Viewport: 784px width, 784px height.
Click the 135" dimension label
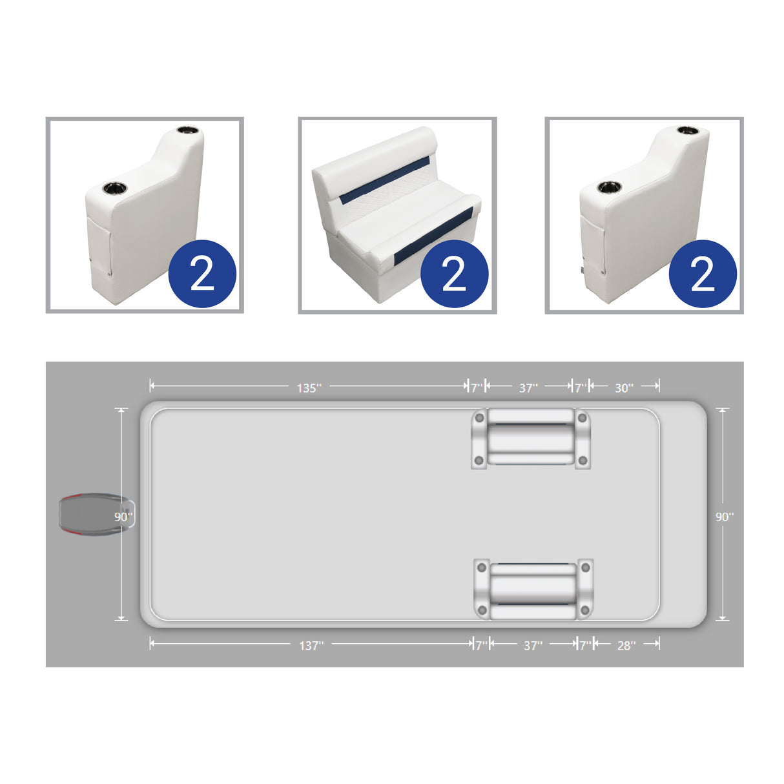(x=308, y=387)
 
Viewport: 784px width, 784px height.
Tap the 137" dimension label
(x=311, y=645)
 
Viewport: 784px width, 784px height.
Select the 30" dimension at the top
(x=623, y=387)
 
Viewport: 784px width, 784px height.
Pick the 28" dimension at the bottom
(x=626, y=645)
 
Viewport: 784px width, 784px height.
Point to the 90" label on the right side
(x=724, y=517)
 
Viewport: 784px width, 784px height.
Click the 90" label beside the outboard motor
(x=123, y=517)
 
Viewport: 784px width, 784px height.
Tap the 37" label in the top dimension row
(x=528, y=387)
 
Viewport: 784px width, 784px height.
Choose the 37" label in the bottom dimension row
(x=533, y=645)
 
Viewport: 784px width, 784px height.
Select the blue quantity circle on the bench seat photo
(x=454, y=274)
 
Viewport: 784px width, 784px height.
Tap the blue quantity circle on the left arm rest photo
(x=202, y=274)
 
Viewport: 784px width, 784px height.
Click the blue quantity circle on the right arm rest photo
(x=703, y=274)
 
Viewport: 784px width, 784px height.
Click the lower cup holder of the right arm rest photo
(x=608, y=187)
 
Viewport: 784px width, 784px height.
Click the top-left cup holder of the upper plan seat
(x=479, y=418)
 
